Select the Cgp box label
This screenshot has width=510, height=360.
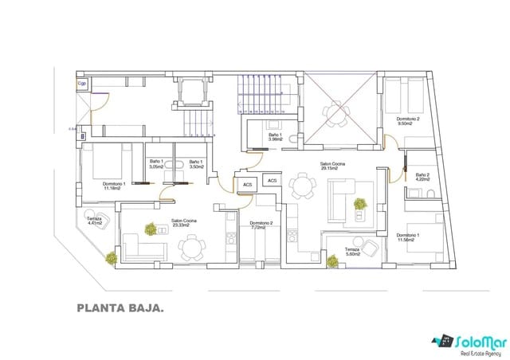[x=81, y=83]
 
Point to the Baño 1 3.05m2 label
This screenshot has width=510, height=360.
[x=156, y=165]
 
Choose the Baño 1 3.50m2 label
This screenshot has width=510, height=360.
[x=196, y=165]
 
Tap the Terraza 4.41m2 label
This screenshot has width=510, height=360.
[x=94, y=221]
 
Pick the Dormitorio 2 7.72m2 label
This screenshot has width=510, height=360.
[x=261, y=225]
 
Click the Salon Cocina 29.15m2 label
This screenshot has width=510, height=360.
[x=332, y=166]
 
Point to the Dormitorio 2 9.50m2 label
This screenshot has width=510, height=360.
[x=408, y=122]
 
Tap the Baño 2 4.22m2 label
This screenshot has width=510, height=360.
[x=422, y=177]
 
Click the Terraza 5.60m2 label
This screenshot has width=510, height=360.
[x=352, y=252]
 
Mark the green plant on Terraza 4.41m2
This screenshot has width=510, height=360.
[x=110, y=258]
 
